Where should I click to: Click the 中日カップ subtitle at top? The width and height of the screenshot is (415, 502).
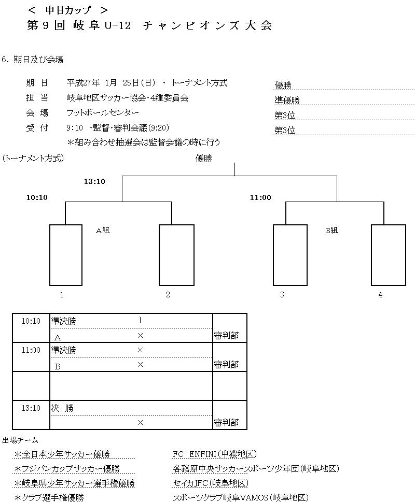[x=68, y=10]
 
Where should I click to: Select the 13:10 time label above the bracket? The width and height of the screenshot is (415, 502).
[x=94, y=181]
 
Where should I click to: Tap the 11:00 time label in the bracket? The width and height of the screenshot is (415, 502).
[x=260, y=197]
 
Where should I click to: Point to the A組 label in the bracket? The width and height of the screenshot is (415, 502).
[x=103, y=231]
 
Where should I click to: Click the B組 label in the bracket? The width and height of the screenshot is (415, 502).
[x=331, y=231]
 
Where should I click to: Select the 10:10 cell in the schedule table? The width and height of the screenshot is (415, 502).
[x=31, y=321]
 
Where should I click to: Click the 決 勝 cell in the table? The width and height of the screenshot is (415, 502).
[x=62, y=408]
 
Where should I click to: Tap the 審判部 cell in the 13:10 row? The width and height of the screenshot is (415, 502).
[x=226, y=423]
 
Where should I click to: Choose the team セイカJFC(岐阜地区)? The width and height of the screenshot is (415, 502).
[x=210, y=483]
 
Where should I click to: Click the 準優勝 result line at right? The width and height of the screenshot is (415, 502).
[x=287, y=101]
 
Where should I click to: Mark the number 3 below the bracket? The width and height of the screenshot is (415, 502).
[x=282, y=295]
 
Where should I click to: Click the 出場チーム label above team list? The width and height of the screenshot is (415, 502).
[x=20, y=440]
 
